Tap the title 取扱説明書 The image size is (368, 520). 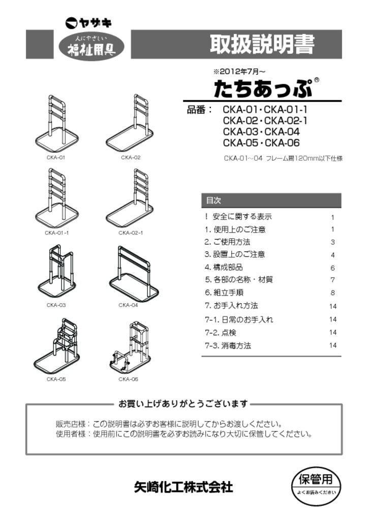(262, 45)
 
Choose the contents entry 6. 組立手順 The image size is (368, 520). (224, 293)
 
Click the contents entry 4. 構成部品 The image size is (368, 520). (224, 268)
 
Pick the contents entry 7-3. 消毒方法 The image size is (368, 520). (228, 346)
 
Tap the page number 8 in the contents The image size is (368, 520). (333, 294)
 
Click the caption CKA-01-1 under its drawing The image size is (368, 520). (56, 233)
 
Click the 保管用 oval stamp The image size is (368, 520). (316, 485)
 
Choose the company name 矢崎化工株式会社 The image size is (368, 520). (183, 487)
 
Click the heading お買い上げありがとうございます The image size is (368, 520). (183, 404)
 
